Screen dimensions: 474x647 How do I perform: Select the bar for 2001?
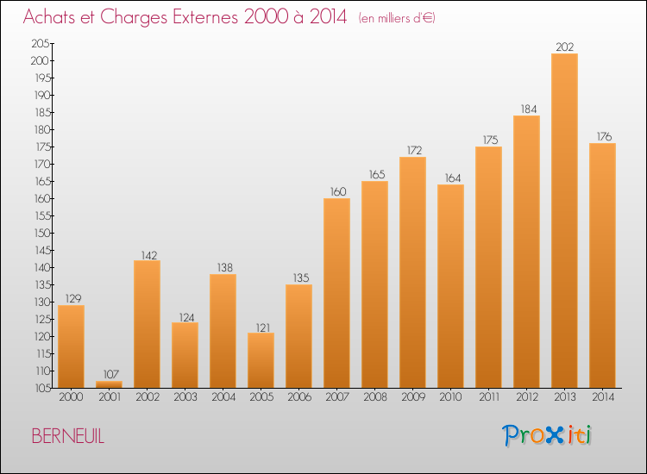click(109, 384)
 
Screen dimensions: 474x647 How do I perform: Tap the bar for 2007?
click(336, 293)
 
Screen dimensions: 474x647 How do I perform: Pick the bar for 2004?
click(223, 331)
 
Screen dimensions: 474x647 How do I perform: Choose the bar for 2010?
click(450, 286)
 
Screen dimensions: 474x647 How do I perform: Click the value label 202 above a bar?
click(564, 47)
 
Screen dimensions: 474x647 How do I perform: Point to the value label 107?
click(109, 374)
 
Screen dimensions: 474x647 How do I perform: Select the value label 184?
click(526, 109)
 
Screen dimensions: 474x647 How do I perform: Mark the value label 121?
click(261, 326)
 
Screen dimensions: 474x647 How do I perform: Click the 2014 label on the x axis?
click(602, 397)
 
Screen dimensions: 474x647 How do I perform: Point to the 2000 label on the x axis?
click(71, 397)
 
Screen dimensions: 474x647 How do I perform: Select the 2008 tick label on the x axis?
click(374, 397)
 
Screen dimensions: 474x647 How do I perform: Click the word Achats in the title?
click(51, 17)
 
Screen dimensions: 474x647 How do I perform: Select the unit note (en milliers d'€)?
click(397, 18)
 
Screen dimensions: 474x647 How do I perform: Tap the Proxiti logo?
click(547, 435)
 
